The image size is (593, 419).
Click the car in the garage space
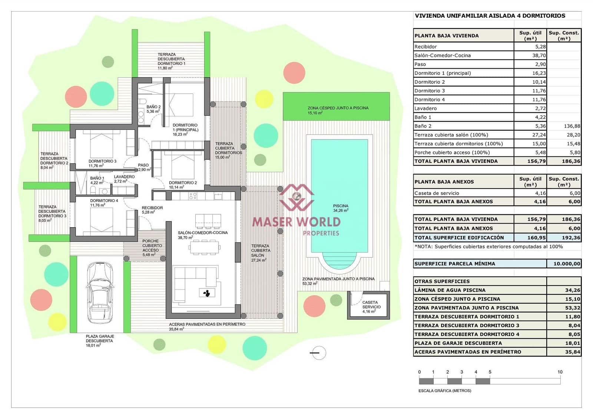pos(100,293)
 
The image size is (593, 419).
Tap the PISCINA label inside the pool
pos(340,206)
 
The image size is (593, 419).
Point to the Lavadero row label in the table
pos(425,108)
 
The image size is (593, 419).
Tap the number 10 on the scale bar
pos(560,372)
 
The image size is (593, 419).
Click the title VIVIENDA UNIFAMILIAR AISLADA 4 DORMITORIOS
pos(490,16)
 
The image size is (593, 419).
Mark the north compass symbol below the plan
pos(318,353)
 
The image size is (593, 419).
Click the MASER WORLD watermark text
pos(296,222)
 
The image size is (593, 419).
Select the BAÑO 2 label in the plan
pos(153,107)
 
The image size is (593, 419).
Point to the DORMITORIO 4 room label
pos(104,201)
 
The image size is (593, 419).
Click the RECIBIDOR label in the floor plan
pos(152,208)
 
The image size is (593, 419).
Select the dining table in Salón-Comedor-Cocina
pos(204,247)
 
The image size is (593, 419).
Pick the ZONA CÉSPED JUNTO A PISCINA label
pos(338,108)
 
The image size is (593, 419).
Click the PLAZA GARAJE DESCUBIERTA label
pos(100,338)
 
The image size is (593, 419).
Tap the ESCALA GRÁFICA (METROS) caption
pos(444,390)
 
